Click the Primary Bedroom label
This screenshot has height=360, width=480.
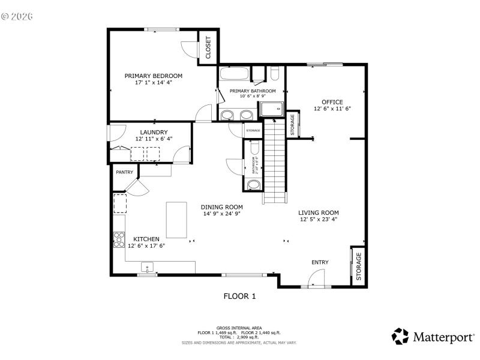coord(153,76)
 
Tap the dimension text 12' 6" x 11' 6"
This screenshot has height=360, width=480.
coord(332,109)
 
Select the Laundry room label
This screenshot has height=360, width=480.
coord(154,132)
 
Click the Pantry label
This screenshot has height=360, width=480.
coord(124,172)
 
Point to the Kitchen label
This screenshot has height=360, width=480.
coord(146,239)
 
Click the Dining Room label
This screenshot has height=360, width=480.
coord(221,207)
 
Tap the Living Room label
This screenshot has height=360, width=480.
coord(319,212)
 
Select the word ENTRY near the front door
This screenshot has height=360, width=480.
coord(320,262)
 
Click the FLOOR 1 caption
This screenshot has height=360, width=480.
coord(239,295)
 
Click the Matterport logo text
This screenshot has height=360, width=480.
coord(443,337)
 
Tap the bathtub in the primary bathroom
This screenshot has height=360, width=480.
coord(233,74)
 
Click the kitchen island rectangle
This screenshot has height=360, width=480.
coord(176,220)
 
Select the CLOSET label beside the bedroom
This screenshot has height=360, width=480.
coord(208,47)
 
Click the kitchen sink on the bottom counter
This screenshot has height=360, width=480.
coord(147,267)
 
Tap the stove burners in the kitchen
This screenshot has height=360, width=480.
coord(119,239)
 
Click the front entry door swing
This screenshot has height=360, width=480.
coord(316,278)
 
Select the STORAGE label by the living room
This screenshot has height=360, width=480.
coord(359,266)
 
